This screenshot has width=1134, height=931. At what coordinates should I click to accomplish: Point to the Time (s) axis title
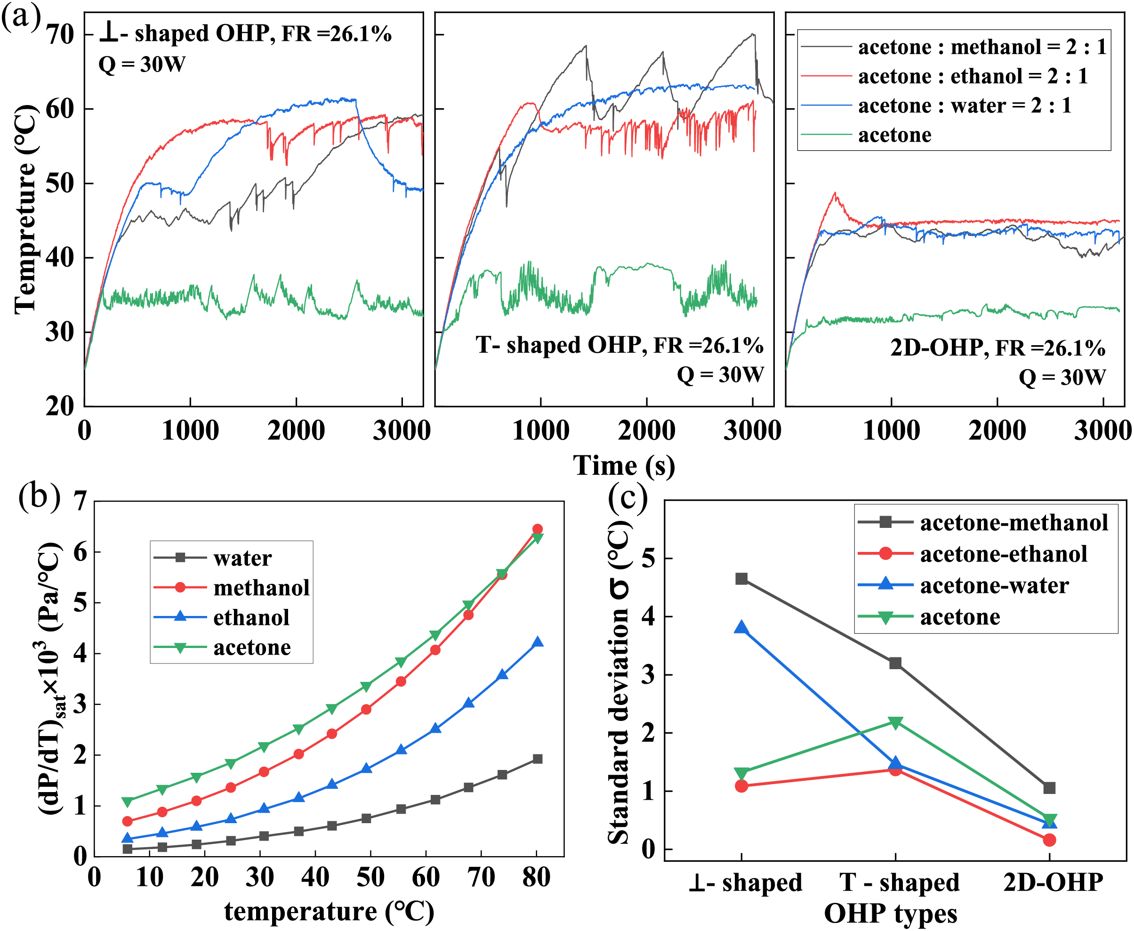tap(624, 465)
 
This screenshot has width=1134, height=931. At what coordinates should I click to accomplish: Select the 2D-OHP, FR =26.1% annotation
tap(997, 348)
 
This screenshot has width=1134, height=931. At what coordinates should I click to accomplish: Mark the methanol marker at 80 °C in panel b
tap(537, 529)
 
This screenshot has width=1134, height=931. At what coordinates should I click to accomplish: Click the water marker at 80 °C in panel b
tap(537, 759)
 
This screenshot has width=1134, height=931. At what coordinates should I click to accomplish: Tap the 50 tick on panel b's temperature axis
tap(370, 878)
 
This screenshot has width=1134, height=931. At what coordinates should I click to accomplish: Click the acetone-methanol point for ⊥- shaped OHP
tap(741, 579)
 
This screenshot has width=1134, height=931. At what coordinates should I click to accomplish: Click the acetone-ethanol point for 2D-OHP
tap(1049, 840)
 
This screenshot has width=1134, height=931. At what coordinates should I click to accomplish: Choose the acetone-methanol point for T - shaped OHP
tap(895, 664)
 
